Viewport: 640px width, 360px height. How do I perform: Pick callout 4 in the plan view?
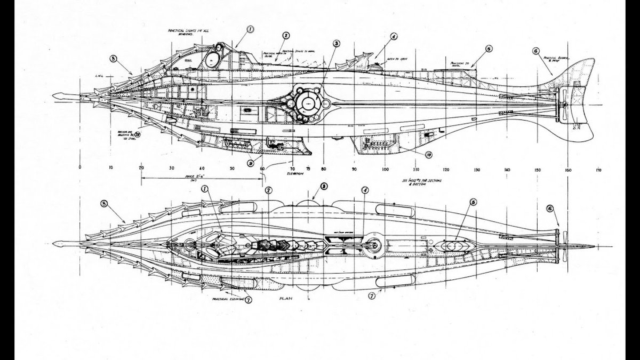365,190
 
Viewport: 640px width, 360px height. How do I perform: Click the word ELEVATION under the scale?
294,174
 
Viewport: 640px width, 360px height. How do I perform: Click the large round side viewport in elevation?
307,102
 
